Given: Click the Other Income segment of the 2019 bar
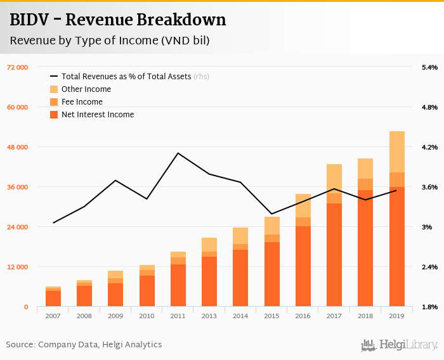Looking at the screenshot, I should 397,151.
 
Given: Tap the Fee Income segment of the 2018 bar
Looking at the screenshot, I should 365,184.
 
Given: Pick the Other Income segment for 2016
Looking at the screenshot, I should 303,205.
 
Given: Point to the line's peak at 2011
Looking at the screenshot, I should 178,153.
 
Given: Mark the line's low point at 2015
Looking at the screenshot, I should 271,214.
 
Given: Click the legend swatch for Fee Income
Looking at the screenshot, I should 54,102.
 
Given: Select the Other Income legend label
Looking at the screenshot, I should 86,89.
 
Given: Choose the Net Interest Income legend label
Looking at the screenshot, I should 98,115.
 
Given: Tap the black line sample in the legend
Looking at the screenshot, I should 54,77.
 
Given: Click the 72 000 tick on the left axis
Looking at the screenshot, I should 17,67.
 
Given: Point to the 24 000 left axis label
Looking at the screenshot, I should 17,227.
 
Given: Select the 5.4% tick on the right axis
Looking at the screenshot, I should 429,67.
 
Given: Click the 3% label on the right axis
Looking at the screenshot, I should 427,227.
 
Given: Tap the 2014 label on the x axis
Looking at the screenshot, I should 240,316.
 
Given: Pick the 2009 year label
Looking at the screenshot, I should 115,316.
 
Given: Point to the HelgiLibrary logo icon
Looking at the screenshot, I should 368,345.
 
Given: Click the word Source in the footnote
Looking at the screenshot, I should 20,345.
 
